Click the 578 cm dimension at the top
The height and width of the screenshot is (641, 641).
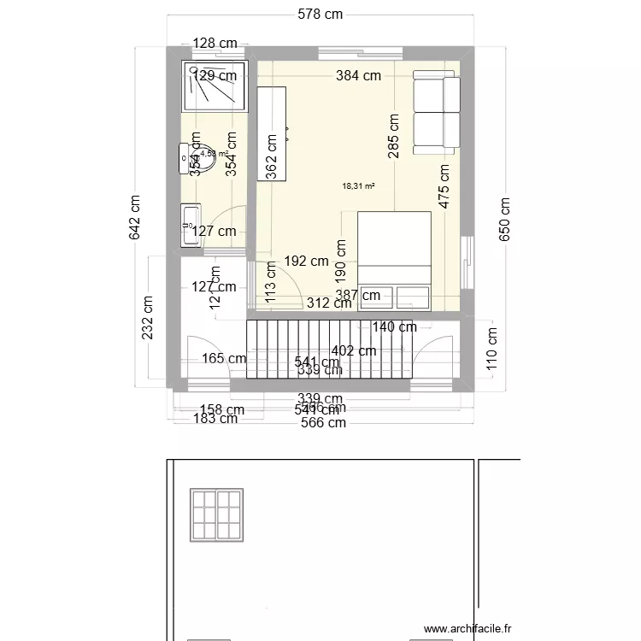tap(320, 14)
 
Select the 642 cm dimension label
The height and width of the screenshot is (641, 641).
tap(136, 217)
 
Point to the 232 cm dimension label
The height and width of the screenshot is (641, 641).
tap(149, 317)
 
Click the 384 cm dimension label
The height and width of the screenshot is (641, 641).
tap(358, 75)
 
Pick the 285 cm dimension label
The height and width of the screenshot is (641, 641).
tap(393, 137)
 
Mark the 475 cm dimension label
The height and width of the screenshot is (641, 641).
tap(443, 186)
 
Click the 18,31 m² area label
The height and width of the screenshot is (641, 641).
tap(358, 185)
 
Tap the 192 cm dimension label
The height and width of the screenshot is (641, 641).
tap(306, 262)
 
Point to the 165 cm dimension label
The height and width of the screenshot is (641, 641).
tap(224, 359)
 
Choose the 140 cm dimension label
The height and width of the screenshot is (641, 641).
tap(394, 326)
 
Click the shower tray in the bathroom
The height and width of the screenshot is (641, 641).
tap(214, 85)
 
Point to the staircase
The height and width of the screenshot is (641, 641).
tap(325, 348)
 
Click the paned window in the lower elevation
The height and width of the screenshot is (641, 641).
tap(217, 515)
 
